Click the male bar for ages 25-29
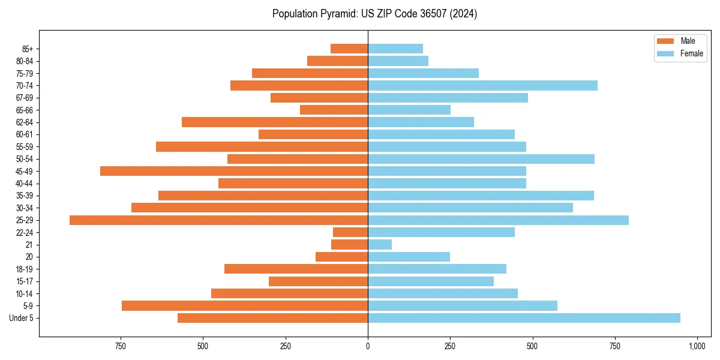(218, 220)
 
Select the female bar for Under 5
(524, 318)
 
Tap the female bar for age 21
(380, 245)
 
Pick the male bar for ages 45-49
(234, 171)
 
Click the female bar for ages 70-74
(482, 86)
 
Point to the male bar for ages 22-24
(350, 232)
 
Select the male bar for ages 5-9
(245, 306)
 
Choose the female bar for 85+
(395, 49)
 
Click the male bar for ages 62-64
(275, 122)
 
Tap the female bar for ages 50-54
(481, 159)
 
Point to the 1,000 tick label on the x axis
(697, 346)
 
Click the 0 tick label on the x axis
(368, 346)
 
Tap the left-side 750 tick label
(121, 346)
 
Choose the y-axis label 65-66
(25, 110)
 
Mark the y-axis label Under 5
(22, 318)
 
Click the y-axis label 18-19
(25, 269)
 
